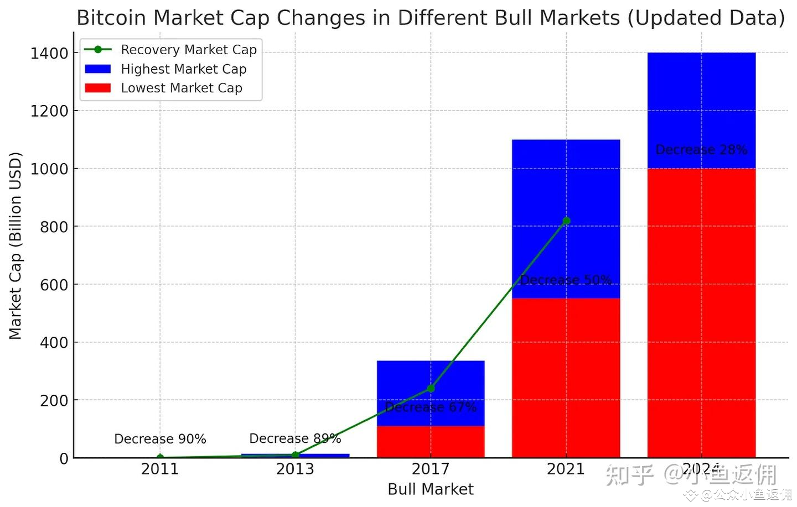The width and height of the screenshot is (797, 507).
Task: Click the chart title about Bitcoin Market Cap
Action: coord(430,18)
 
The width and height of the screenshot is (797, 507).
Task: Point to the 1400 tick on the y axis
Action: coord(49,53)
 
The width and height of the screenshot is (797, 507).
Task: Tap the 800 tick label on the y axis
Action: coord(54,227)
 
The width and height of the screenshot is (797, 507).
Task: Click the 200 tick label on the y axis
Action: coord(54,400)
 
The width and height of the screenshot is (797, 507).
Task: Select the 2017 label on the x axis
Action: coord(431,469)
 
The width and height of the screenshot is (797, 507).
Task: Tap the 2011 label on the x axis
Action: coord(160,469)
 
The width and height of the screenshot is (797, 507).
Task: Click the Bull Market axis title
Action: coord(431,489)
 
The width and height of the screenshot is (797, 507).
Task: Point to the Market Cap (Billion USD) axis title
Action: coord(15,245)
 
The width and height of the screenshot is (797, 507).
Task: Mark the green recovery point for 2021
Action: coord(566,221)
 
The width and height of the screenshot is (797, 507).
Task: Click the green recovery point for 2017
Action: coord(431,389)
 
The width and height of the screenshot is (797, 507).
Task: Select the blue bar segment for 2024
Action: coord(701,111)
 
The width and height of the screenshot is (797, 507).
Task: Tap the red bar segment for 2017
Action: coord(431,442)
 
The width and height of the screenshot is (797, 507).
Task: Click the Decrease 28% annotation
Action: coord(701,150)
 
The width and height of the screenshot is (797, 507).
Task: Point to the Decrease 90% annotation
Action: coord(160,439)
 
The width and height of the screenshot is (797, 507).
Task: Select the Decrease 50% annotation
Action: coord(566,280)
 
